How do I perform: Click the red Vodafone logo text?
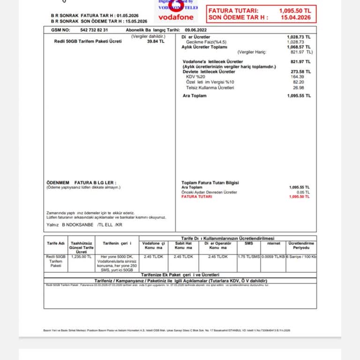pos(176,17)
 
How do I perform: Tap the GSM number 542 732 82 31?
pos(94,30)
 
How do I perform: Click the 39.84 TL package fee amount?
pos(156,41)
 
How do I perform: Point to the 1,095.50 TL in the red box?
pos(294,10)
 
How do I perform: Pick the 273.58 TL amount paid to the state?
pos(300,72)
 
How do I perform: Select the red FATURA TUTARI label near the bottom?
pos(196,197)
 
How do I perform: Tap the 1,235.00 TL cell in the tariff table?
pos(82,257)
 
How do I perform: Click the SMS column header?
pos(248,243)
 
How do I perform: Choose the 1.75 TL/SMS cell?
pos(248,257)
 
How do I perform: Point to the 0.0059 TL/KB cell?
pos(273,257)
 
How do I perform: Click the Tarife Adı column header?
pos(55,243)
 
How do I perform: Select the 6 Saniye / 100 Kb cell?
pos(301,257)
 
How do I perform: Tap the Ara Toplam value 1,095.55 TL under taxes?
pos(299,96)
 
